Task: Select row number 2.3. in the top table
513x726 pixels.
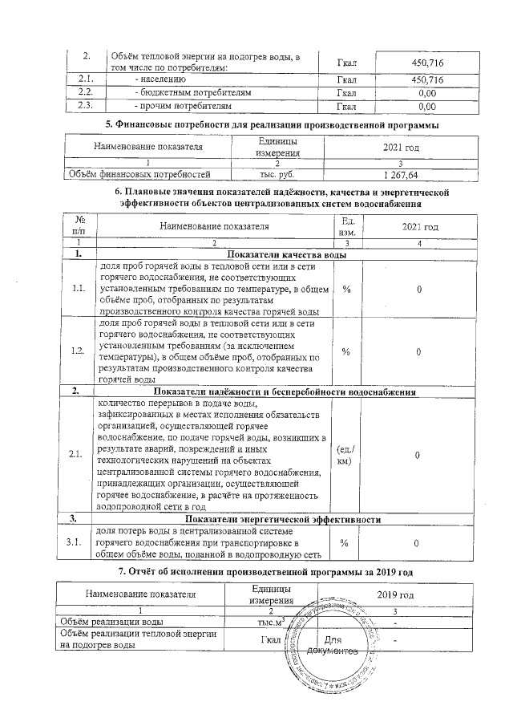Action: pos(86,105)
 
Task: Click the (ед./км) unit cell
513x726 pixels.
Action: pos(345,455)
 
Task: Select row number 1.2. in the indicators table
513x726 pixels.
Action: pos(79,351)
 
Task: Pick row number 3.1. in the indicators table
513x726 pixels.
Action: pos(79,543)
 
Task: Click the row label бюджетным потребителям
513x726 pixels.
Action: pos(196,92)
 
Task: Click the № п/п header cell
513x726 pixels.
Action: pos(79,225)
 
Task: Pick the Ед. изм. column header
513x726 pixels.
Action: pos(347,225)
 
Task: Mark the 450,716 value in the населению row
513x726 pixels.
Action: pos(426,79)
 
